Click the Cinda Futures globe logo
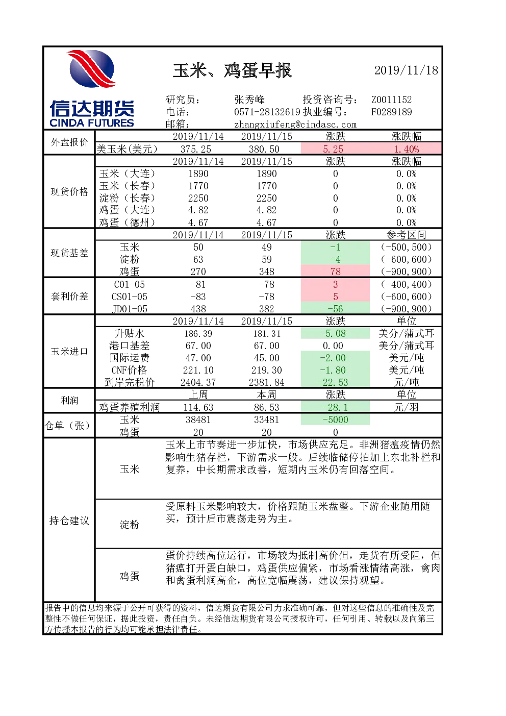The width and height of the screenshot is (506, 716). [92, 69]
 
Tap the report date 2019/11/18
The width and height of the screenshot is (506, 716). [406, 70]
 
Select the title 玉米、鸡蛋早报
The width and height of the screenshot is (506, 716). [232, 70]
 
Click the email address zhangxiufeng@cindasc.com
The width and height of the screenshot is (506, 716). [295, 125]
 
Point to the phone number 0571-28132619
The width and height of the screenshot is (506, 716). [267, 112]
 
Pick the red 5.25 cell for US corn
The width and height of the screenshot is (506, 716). [335, 149]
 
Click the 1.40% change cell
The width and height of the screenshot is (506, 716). [406, 149]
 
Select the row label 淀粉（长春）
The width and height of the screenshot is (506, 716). [127, 198]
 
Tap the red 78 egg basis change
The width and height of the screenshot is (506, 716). [335, 271]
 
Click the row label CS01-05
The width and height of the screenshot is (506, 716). [130, 297]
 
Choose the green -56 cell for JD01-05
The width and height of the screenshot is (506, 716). [335, 309]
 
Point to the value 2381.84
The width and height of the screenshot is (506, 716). [266, 382]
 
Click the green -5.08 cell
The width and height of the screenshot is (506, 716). [335, 333]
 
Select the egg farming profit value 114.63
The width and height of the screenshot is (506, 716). [198, 407]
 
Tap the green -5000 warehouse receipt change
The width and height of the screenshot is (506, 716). [335, 419]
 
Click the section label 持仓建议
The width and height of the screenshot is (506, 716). [69, 521]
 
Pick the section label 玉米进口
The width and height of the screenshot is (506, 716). [69, 352]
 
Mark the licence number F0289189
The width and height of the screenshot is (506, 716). [391, 112]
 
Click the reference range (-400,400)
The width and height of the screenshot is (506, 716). [406, 284]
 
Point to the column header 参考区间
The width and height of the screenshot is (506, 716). [406, 235]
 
